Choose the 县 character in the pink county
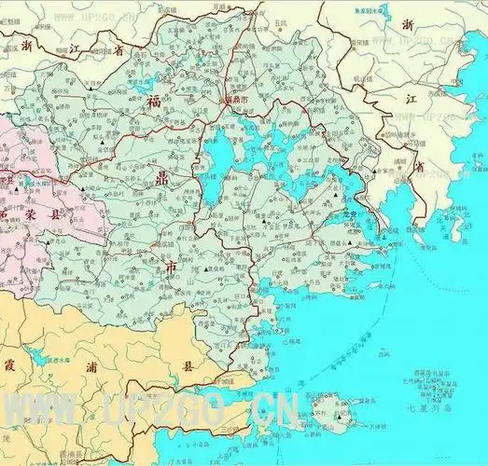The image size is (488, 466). (x=36, y=212)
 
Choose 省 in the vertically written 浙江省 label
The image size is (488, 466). (x=420, y=166)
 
